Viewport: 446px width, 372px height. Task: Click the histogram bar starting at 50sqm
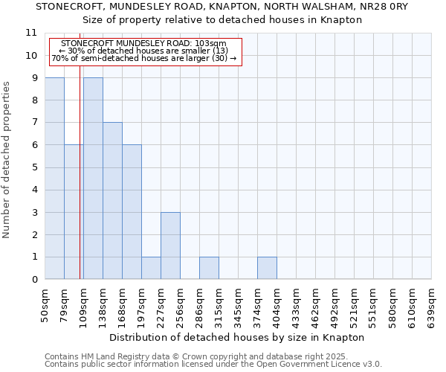[x=54, y=179]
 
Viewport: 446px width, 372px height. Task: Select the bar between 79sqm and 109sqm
[x=73, y=212]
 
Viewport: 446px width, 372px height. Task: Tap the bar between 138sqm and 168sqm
[x=112, y=201]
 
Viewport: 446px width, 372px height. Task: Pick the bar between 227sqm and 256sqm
[x=170, y=246]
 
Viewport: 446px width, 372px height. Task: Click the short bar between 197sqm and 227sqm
[x=151, y=268]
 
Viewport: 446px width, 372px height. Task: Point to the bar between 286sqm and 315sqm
[x=209, y=268]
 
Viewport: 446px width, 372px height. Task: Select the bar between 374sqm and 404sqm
[x=267, y=268]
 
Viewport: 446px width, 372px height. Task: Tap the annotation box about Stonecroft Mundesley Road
[x=144, y=51]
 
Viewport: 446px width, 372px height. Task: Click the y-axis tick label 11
[x=31, y=33]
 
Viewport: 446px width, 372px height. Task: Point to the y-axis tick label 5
[x=34, y=167]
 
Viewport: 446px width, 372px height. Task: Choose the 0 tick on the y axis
[x=34, y=280]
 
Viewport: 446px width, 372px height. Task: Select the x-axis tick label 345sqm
[x=238, y=306]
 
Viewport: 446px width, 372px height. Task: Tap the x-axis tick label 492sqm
[x=334, y=306]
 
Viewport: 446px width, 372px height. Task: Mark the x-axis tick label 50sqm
[x=45, y=306]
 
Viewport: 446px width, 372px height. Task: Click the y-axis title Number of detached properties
[x=7, y=160]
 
